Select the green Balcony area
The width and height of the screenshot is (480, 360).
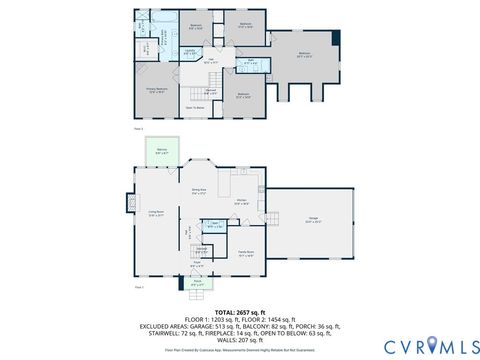click(162, 153)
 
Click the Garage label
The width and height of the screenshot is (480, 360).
click(313, 221)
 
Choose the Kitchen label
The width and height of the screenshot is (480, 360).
click(241, 202)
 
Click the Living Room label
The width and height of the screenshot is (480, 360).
click(157, 213)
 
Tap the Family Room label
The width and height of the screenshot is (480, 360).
click(245, 254)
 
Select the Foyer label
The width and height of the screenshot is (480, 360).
click(195, 266)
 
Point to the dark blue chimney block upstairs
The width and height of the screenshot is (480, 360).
click(336, 38)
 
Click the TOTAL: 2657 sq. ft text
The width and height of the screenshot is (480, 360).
click(239, 310)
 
